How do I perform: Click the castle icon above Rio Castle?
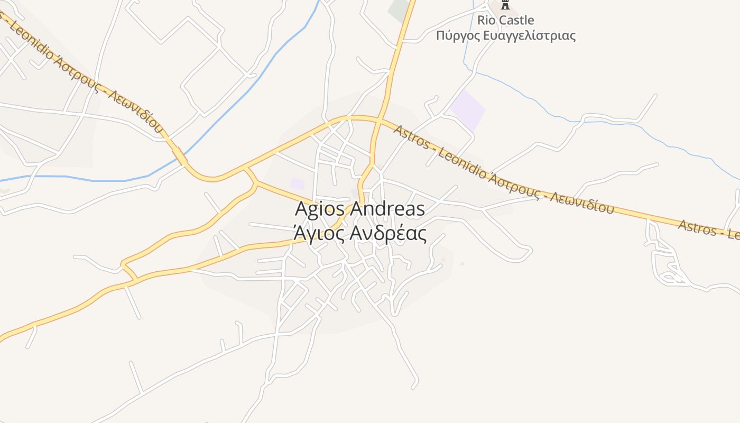(x=505, y=5)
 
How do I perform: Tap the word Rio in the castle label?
(x=487, y=21)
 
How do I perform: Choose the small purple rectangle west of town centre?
(x=298, y=183)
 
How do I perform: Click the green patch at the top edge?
(x=400, y=10)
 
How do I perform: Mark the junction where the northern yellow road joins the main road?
(x=380, y=121)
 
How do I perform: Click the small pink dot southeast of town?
(x=462, y=264)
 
